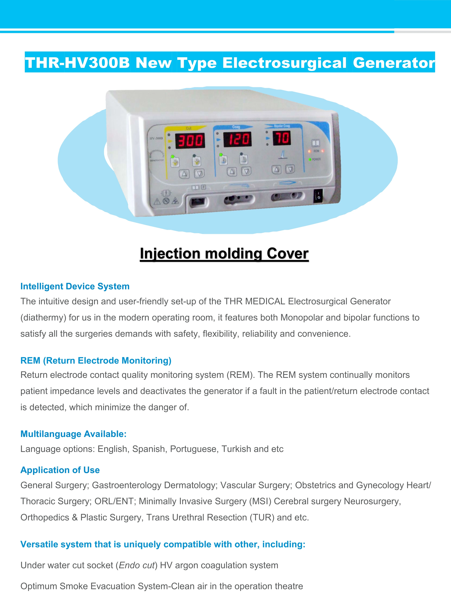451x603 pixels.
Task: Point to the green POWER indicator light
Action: (310, 160)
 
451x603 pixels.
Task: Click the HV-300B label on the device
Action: (156, 138)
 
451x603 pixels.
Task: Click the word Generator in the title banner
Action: (394, 63)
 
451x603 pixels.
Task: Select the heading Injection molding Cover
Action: (224, 254)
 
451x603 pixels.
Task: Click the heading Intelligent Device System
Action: (75, 286)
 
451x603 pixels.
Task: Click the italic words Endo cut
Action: (137, 565)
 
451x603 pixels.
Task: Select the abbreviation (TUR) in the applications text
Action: (262, 517)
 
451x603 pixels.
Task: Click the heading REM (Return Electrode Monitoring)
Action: (96, 360)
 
